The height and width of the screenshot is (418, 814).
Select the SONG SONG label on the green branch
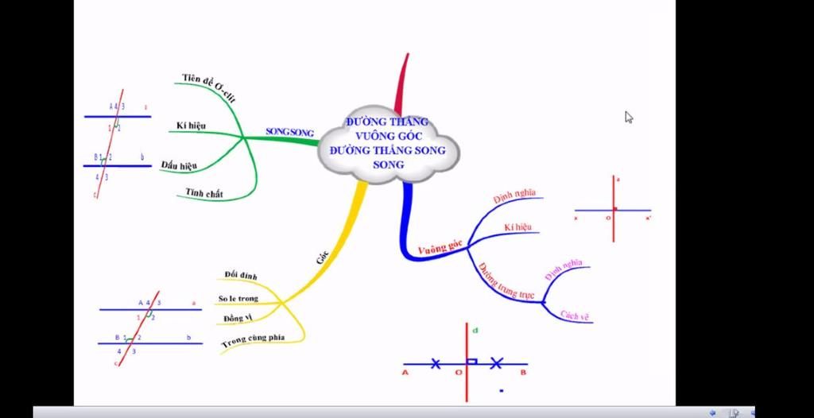click(x=289, y=132)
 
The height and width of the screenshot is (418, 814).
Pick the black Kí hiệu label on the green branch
click(x=192, y=126)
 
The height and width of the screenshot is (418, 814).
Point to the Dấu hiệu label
click(x=179, y=165)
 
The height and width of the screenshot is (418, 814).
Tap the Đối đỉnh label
click(x=240, y=275)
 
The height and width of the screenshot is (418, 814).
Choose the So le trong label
click(x=238, y=299)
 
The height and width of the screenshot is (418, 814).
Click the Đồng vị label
click(x=238, y=319)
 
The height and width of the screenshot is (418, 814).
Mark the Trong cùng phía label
click(x=254, y=339)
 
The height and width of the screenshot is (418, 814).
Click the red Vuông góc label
click(x=440, y=250)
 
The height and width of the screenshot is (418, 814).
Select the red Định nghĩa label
click(x=514, y=195)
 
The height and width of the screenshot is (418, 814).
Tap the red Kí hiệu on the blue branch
click(x=517, y=228)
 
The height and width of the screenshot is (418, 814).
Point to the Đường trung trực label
click(x=506, y=279)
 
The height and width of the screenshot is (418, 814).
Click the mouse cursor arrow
click(x=629, y=117)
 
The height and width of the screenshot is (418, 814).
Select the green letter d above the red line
click(x=475, y=328)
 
